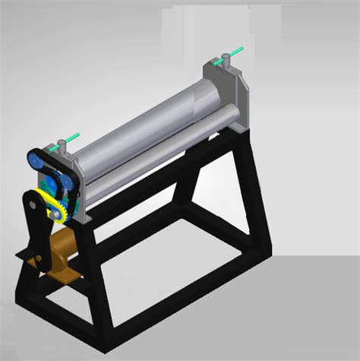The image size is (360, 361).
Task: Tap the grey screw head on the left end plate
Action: [x=60, y=144]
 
